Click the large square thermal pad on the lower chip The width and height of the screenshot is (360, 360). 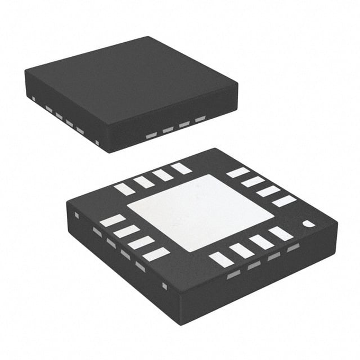[200, 213]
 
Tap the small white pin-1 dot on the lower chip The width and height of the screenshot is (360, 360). [309, 224]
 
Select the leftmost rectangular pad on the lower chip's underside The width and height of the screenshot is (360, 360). [112, 220]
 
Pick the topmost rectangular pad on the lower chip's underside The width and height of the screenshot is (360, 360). [181, 168]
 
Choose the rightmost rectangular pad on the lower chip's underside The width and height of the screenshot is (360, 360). [284, 201]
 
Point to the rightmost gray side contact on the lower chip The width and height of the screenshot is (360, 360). [293, 247]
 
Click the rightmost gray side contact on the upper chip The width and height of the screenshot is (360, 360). [200, 119]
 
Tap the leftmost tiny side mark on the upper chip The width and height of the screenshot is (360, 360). [34, 100]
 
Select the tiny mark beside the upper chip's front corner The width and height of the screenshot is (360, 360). [97, 142]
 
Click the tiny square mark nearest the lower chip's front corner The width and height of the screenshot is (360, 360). [164, 286]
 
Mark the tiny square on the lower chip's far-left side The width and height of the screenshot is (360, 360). [76, 215]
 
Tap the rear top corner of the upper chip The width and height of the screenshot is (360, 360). [148, 37]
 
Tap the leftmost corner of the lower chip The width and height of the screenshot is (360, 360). [67, 200]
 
